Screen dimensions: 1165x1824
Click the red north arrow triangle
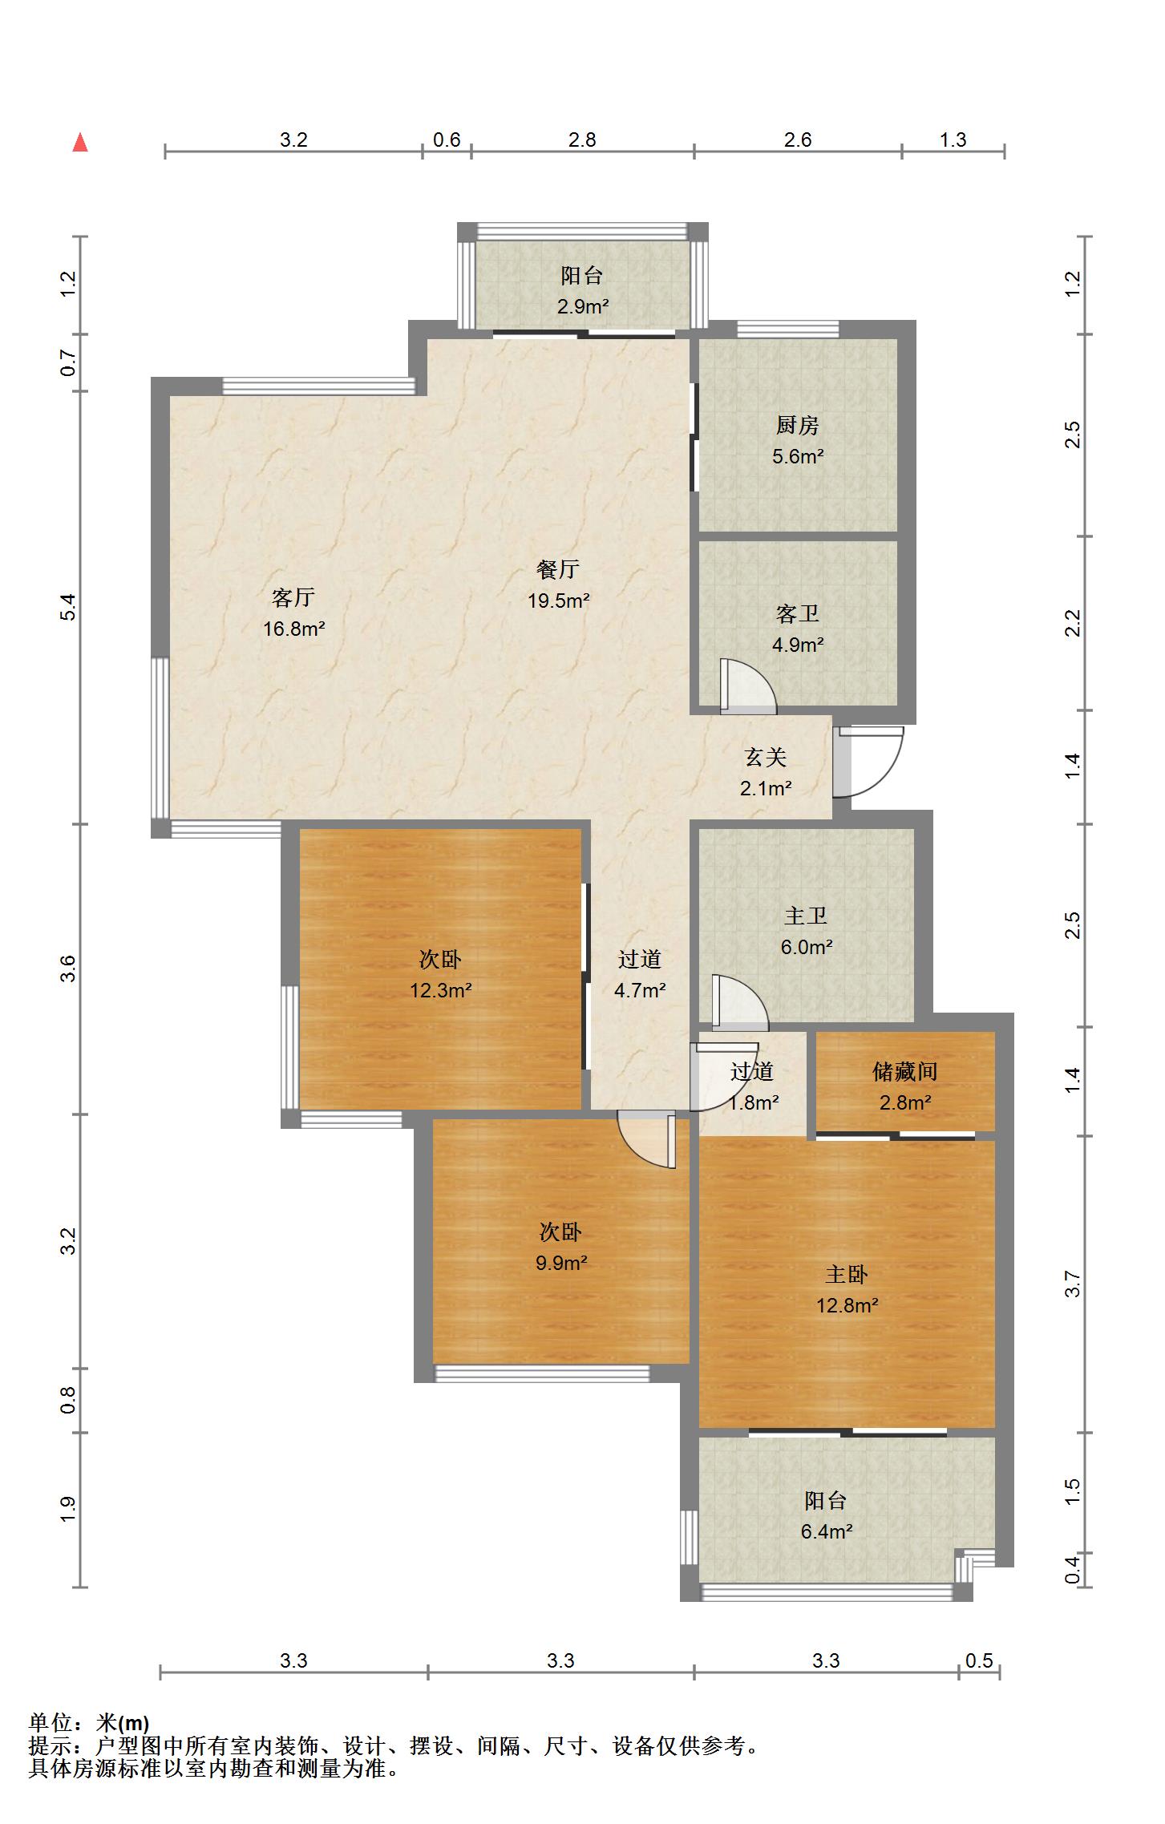(80, 143)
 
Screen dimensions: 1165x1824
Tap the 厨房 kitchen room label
(798, 425)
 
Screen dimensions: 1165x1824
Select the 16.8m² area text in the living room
(294, 629)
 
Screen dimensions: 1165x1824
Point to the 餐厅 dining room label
(558, 569)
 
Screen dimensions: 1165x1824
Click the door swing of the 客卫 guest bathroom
(749, 686)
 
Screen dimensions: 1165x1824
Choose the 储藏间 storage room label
(905, 1071)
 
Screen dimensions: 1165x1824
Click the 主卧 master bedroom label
(847, 1274)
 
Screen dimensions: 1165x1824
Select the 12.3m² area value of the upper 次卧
(441, 990)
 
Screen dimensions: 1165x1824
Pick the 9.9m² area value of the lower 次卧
(561, 1263)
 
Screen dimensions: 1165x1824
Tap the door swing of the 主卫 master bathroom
(740, 1002)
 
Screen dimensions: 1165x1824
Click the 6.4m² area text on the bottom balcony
(827, 1531)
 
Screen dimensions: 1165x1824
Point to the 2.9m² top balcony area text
(583, 306)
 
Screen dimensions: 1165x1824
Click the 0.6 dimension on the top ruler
(447, 140)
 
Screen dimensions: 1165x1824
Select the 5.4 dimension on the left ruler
(69, 607)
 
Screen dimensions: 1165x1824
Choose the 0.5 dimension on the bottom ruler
(979, 1660)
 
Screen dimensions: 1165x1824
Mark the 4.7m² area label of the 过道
(640, 990)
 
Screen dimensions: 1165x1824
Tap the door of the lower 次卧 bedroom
(648, 1139)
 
